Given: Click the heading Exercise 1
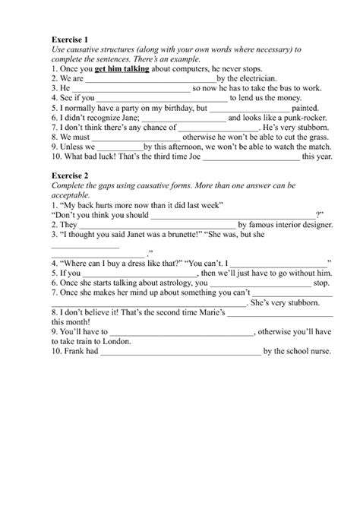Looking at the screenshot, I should pos(69,38).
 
